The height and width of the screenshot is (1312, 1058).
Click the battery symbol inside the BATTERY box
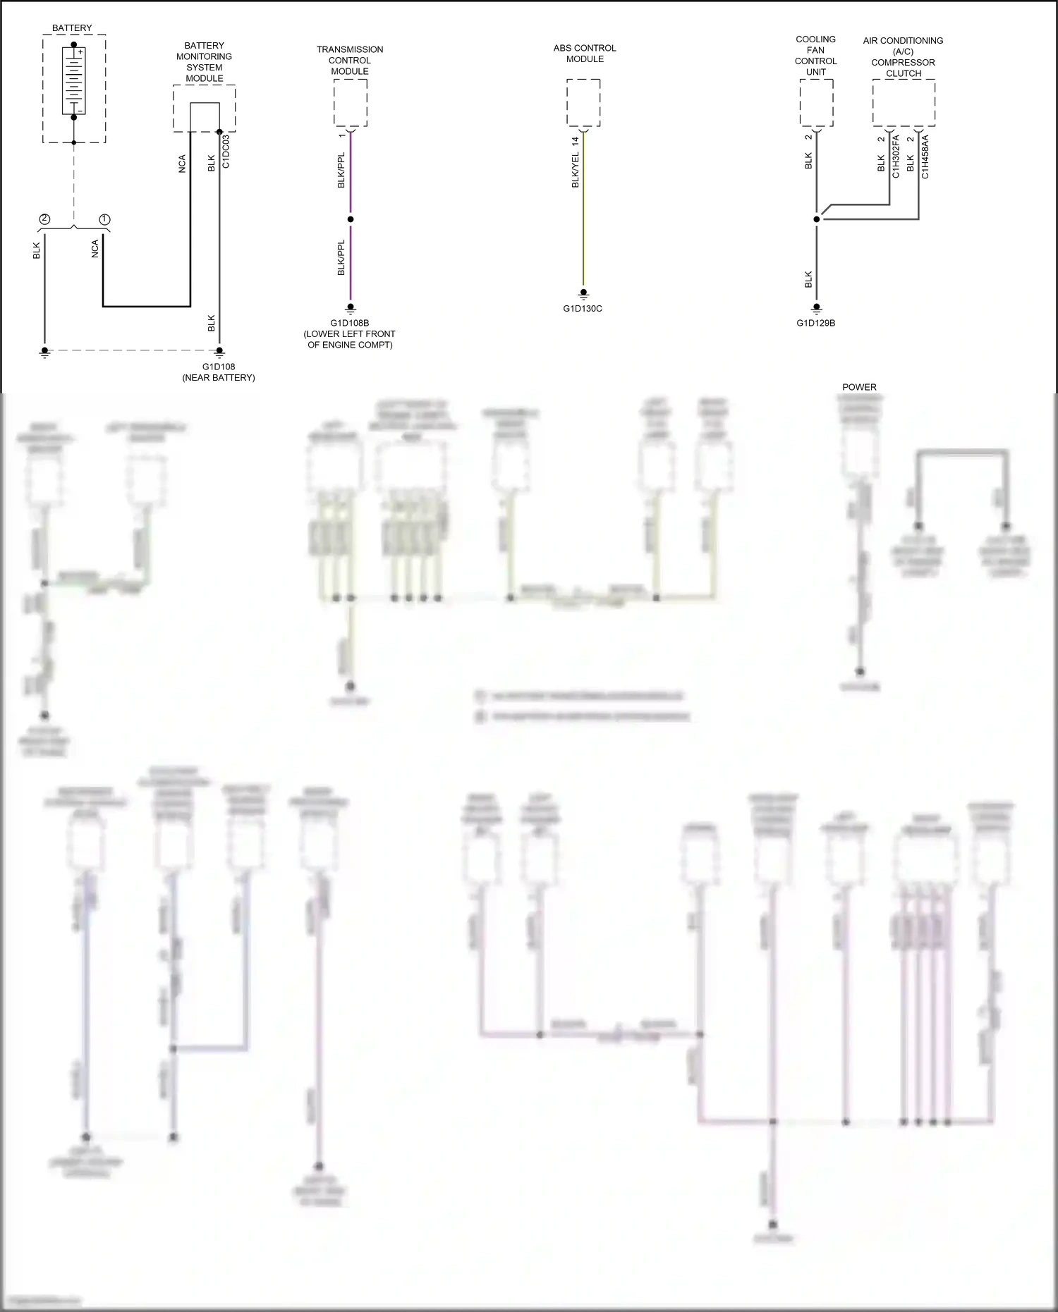pos(73,80)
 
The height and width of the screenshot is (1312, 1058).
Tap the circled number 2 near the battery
pos(44,219)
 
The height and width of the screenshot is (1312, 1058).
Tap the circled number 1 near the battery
pos(104,219)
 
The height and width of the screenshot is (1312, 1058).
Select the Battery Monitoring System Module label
pos(204,62)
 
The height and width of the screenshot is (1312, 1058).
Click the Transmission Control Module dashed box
pos(350,103)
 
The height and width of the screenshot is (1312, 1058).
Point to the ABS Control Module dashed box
pos(583,103)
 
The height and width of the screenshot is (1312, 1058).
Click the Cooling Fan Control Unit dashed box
pos(816,103)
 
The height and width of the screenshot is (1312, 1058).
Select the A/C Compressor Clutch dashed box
pos(904,103)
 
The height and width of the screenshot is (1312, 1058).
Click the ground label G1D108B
pos(350,324)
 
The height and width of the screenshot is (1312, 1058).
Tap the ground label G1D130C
pos(583,309)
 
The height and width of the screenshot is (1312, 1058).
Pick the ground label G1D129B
pos(816,324)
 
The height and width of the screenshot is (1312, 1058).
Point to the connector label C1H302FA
pos(896,157)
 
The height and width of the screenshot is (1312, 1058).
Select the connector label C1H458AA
pos(925,157)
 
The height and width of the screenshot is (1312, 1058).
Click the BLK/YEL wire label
pos(575,170)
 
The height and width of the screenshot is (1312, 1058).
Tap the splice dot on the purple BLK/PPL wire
pos(351,219)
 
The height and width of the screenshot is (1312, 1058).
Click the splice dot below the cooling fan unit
pos(817,219)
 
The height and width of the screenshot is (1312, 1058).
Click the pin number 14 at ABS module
pos(575,140)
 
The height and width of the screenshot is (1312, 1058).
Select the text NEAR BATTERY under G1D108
pos(219,378)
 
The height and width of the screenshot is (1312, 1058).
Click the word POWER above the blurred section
pos(859,387)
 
